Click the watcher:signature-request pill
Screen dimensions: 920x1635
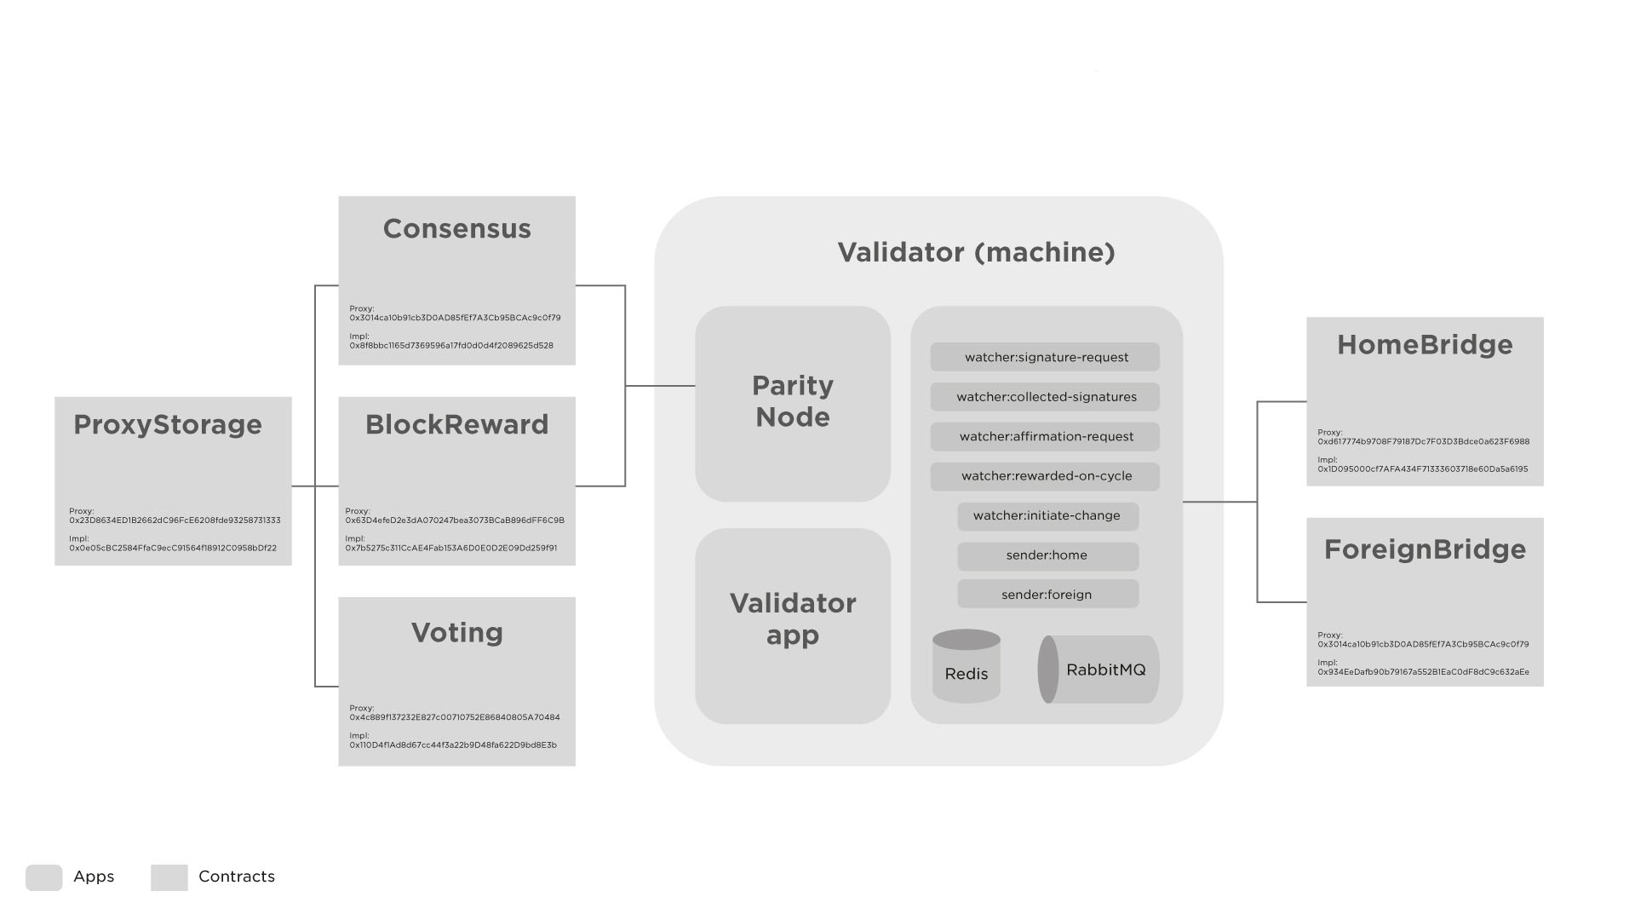point(1045,357)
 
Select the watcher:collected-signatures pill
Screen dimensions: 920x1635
point(1045,397)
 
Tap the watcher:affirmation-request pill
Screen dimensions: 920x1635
point(1045,437)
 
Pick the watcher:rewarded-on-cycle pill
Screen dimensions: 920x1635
point(1045,476)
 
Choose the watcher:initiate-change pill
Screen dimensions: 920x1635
point(1047,516)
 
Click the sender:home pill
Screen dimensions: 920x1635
point(1047,555)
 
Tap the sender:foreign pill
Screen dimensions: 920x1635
point(1047,595)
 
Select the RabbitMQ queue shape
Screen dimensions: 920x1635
point(1098,670)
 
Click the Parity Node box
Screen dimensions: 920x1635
point(793,403)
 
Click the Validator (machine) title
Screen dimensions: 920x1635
point(976,252)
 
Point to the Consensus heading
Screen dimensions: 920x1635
point(457,229)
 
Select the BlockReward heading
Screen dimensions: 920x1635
point(457,425)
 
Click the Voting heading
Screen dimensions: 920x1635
point(457,633)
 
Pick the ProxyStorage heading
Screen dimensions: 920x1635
point(168,425)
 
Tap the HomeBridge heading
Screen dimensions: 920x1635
point(1425,345)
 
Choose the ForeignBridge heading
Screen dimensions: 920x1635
point(1425,549)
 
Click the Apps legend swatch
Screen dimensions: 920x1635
point(44,877)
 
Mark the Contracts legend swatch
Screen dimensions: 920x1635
point(169,877)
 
